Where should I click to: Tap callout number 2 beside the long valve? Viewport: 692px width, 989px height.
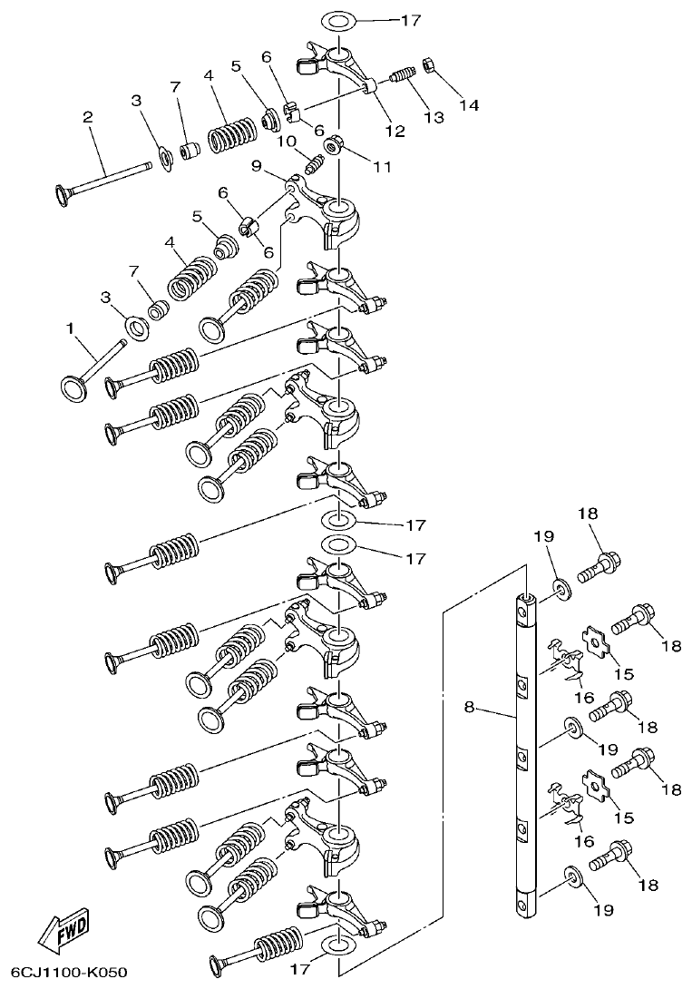click(x=87, y=117)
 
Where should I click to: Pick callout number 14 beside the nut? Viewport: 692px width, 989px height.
click(x=468, y=105)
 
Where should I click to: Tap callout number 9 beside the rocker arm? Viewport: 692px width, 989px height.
click(x=256, y=166)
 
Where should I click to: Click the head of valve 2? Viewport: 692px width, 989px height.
click(x=64, y=193)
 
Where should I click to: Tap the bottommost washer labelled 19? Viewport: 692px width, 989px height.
click(x=572, y=877)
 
